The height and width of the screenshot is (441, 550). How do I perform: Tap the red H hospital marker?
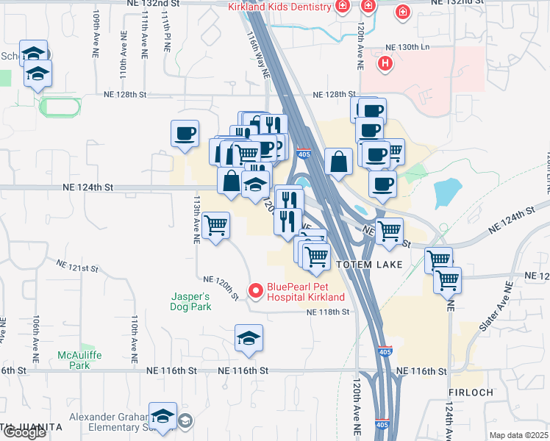tap(383, 64)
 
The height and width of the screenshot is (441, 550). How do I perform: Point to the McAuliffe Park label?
tap(74, 360)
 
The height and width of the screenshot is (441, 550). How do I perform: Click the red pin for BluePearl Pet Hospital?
tap(256, 292)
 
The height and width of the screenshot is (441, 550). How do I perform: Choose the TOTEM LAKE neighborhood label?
tap(369, 264)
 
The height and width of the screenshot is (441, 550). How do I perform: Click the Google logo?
tap(24, 433)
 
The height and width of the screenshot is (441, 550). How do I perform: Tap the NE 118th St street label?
tap(327, 312)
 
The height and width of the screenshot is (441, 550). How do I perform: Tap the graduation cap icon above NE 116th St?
tap(249, 337)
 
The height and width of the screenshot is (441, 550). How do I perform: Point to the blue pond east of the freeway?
tap(447, 193)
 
